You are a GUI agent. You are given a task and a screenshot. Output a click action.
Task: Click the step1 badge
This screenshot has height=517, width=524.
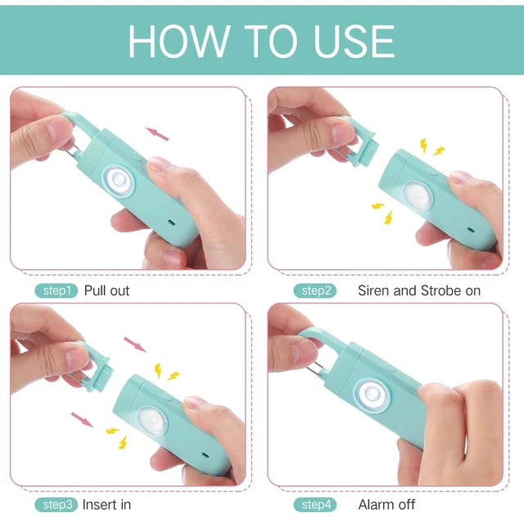pos(56,290)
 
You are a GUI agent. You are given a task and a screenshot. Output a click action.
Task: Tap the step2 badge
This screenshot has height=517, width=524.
pos(315,290)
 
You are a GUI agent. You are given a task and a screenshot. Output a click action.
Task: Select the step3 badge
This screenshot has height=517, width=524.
pos(56,505)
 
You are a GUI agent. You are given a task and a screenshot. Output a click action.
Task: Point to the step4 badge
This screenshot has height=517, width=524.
pos(315,505)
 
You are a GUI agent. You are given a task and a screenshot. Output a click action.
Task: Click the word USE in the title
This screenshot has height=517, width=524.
pos(355,41)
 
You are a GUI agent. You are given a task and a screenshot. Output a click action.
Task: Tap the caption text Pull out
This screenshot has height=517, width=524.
pos(106,290)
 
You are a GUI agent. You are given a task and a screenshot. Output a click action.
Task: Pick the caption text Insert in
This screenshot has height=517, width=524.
pos(106,505)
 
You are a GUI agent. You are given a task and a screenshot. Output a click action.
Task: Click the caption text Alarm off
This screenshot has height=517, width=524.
pos(386,505)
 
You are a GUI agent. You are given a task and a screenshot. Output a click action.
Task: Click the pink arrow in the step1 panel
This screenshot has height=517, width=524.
pos(157,134)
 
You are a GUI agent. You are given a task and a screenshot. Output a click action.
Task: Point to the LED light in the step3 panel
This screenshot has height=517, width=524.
pos(152,420)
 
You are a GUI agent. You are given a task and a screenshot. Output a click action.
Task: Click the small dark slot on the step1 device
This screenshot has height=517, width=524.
pos(172,222)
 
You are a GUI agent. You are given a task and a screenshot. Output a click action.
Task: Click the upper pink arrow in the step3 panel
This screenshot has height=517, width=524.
pos(135,344)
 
